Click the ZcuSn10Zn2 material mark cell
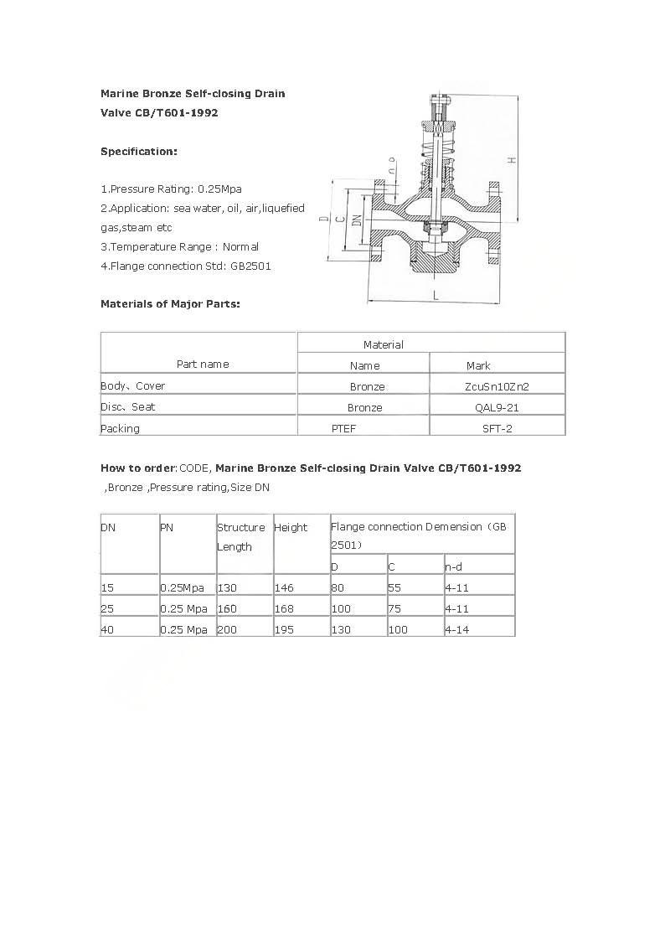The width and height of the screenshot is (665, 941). pos(497,386)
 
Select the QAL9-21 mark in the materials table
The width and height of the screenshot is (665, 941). pos(497,407)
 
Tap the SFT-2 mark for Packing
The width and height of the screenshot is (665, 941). pos(497,428)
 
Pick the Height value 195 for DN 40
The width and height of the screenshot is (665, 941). pos(284,629)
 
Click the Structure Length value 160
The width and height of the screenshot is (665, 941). pos(227,608)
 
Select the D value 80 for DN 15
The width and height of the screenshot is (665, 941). pos(338,588)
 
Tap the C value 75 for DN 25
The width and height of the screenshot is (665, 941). pos(394,608)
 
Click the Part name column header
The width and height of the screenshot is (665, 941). pos(203,364)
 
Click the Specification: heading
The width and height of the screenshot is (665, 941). pos(139,152)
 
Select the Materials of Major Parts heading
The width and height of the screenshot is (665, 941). pos(170,303)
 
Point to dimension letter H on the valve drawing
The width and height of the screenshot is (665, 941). pos(511,160)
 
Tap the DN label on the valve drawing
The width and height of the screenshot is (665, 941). pos(357,220)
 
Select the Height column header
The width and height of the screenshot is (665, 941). pos(291,527)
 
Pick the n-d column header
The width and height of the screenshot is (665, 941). pos(453,567)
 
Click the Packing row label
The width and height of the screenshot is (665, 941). pos(121,428)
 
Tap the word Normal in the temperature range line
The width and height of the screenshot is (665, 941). pos(240,247)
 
